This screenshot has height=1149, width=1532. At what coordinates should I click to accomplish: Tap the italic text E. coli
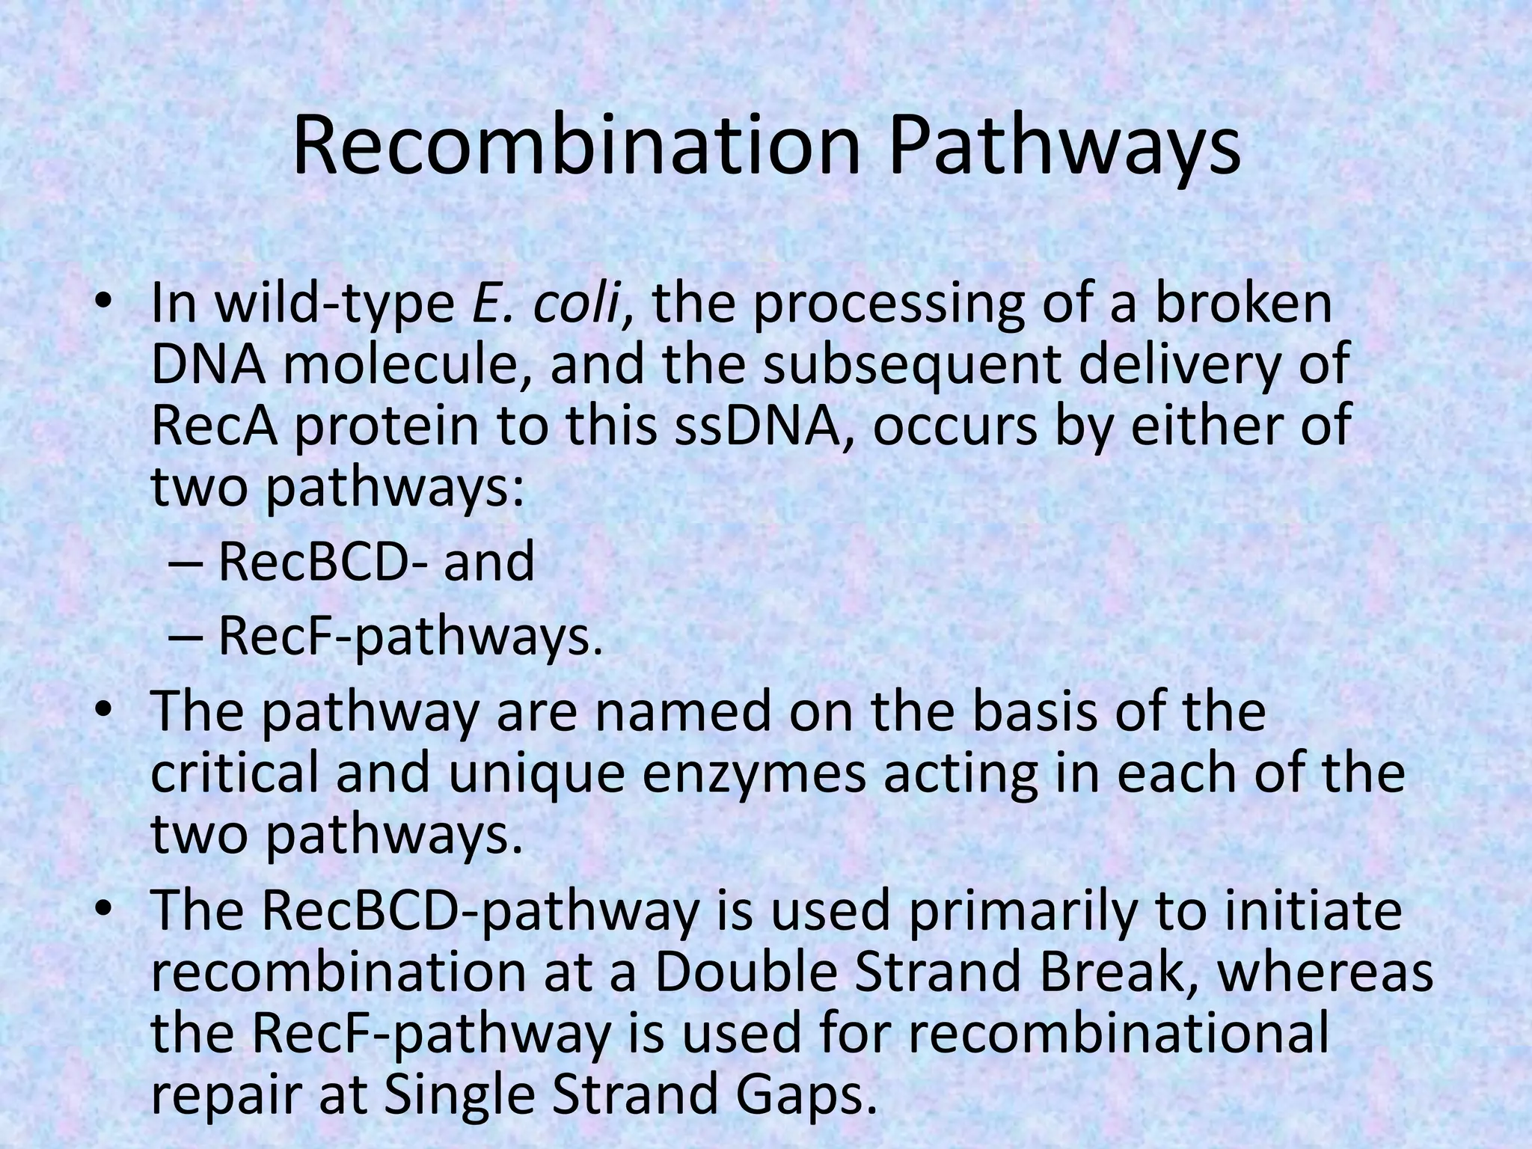pyautogui.click(x=547, y=306)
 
